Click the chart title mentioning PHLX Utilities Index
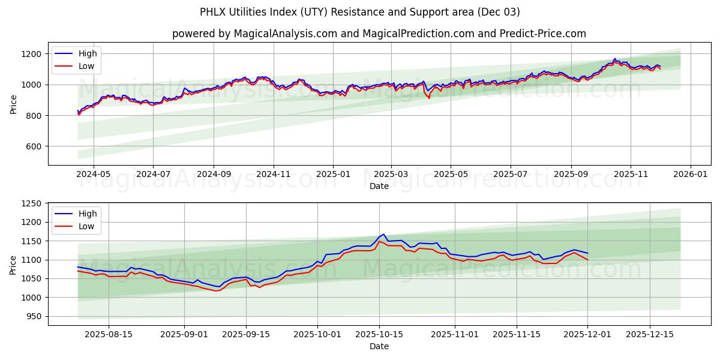[360, 12]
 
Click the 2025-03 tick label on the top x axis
[391, 175]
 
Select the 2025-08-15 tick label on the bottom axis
[109, 335]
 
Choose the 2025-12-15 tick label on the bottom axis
[650, 335]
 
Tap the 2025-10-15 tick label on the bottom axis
[379, 335]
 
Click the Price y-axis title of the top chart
[13, 104]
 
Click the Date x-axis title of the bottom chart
[379, 346]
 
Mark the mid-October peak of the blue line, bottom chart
[383, 234]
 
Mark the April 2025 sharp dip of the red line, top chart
[428, 98]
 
